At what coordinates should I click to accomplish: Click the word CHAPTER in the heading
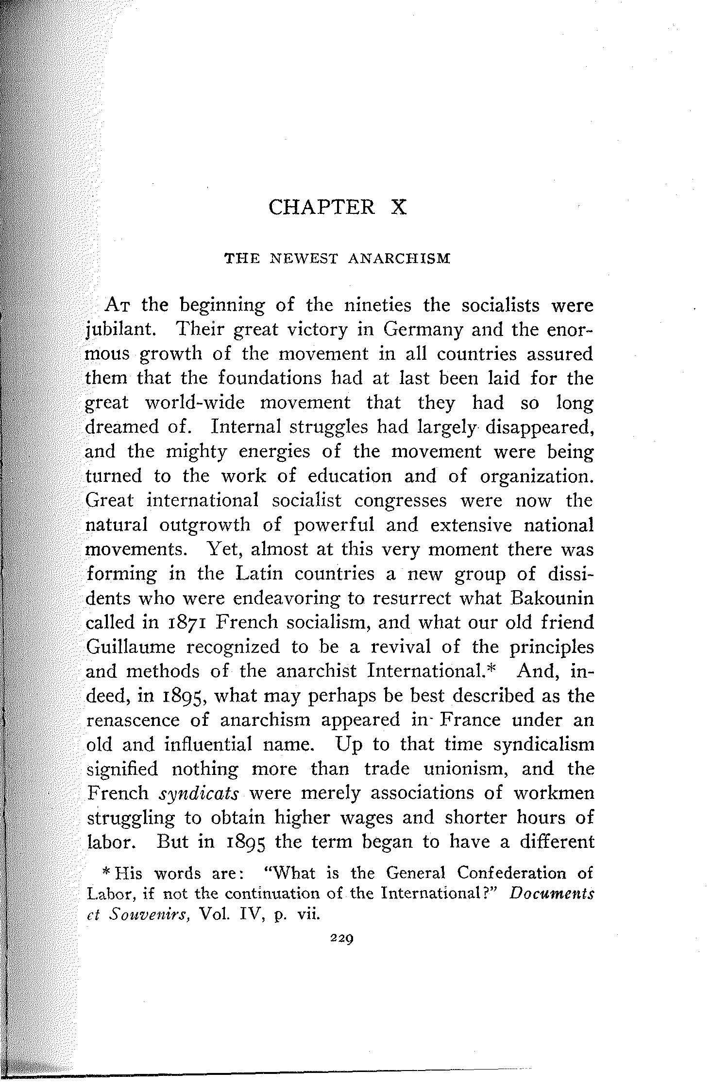322,208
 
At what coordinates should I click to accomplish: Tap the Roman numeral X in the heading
398,208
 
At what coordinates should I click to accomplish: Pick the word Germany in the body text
416,331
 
